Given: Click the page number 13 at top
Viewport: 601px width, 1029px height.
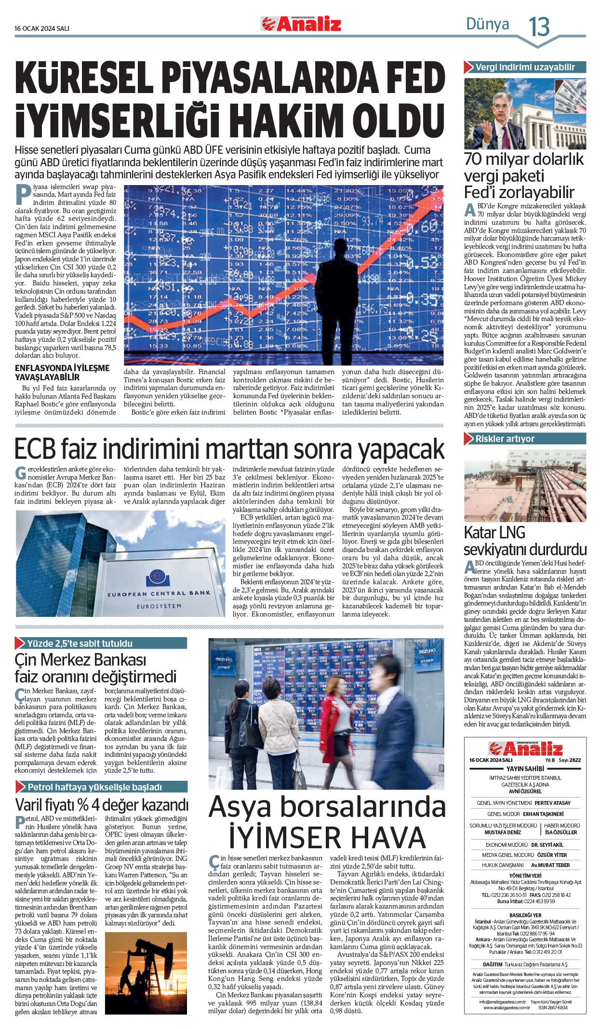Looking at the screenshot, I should pos(539,27).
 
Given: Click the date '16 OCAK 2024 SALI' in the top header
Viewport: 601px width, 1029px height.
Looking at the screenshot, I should pos(42,28).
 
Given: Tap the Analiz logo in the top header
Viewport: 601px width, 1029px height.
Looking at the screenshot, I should pos(301,24).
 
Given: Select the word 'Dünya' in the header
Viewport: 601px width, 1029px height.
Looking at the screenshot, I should pos(487,24).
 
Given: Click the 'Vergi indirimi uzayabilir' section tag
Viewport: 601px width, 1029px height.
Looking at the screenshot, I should pos(525,67).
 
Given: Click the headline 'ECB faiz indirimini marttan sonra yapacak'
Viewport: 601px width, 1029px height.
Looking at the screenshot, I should pos(229,449).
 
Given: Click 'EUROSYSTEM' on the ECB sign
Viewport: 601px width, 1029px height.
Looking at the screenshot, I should pos(159,606).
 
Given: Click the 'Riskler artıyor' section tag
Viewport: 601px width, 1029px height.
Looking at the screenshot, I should pos(505,439).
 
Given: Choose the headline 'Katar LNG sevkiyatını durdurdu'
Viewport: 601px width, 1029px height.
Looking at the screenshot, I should pos(525,541).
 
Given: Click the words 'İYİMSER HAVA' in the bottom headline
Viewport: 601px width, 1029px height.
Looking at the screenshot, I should pos(327,837).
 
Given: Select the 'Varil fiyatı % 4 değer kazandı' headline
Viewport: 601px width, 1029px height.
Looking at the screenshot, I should pos(101,805).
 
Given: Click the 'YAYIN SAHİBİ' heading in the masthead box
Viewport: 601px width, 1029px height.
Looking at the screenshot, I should pos(525,769).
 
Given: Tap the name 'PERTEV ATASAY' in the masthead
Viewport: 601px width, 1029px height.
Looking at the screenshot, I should pos(552,803).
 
